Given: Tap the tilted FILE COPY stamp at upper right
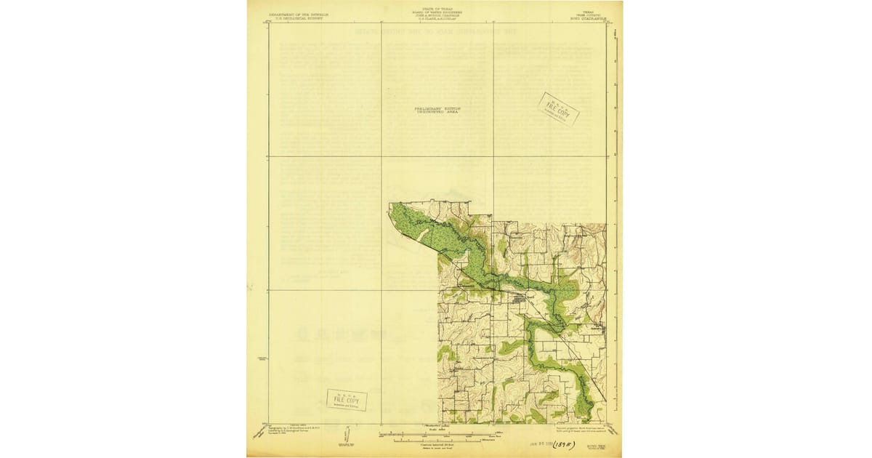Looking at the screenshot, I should click(558, 109).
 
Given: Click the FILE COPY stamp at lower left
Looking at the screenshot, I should click(347, 399).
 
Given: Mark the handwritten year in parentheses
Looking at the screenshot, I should click(560, 445).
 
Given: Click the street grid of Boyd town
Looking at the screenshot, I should click(520, 299).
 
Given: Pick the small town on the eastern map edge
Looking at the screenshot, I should click(597, 329).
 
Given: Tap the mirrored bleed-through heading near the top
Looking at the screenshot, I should click(436, 32).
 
